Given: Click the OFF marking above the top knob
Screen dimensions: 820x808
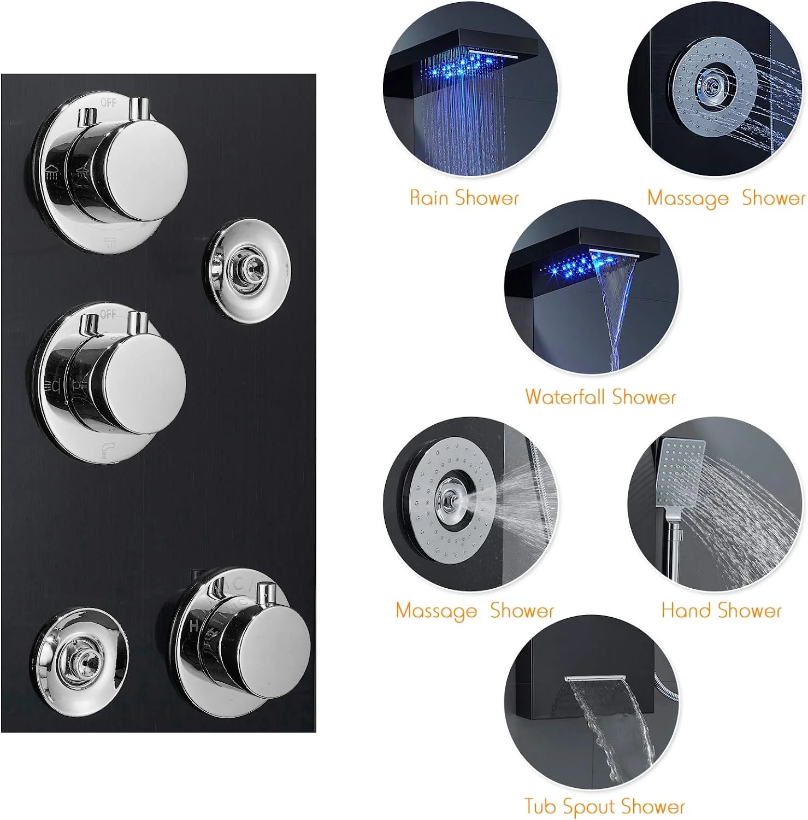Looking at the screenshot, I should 108,102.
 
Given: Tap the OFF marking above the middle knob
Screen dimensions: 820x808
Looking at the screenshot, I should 108,314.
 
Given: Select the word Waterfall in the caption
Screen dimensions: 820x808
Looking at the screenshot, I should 565,397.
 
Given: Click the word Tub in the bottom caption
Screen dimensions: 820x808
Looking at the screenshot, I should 541,806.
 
